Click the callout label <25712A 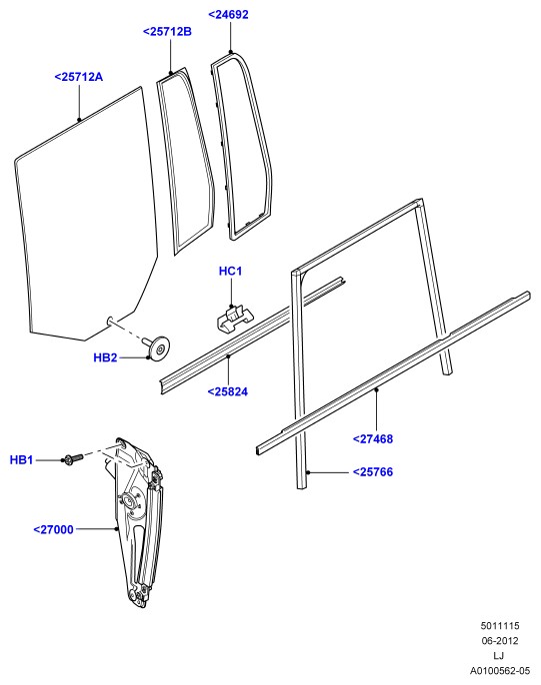[79, 77]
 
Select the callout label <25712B [167, 32]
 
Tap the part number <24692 [228, 14]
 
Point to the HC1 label [230, 271]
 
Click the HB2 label [105, 357]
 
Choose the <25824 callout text [228, 391]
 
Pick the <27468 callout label [373, 439]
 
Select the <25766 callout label [373, 471]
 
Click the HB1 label [21, 460]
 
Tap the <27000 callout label [53, 530]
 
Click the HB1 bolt [73, 459]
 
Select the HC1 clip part [236, 319]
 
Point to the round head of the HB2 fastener [160, 348]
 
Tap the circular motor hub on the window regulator [129, 501]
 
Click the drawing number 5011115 [500, 625]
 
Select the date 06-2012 [500, 641]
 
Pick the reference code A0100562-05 [500, 671]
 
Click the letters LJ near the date [499, 656]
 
